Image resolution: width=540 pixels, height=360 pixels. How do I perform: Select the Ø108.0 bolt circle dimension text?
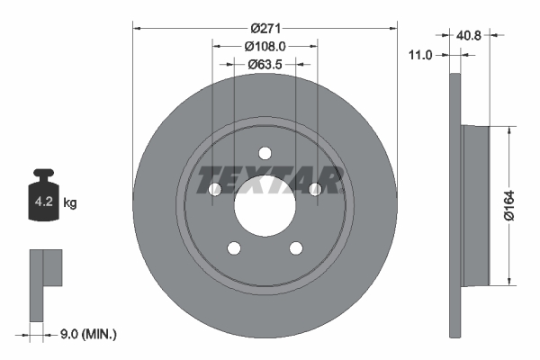[x=265, y=46]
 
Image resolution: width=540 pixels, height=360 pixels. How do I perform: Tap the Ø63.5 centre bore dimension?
[x=265, y=64]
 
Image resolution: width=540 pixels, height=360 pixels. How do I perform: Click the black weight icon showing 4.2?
[x=44, y=193]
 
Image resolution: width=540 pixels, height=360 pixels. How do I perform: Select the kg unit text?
[x=70, y=203]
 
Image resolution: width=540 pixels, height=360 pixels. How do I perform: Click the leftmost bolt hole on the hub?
[x=214, y=189]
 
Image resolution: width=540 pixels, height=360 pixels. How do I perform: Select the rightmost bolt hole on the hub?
[x=315, y=189]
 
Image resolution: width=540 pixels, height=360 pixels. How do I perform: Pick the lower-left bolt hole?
[x=234, y=248]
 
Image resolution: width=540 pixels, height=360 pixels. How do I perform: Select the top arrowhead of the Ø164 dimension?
[x=510, y=130]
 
